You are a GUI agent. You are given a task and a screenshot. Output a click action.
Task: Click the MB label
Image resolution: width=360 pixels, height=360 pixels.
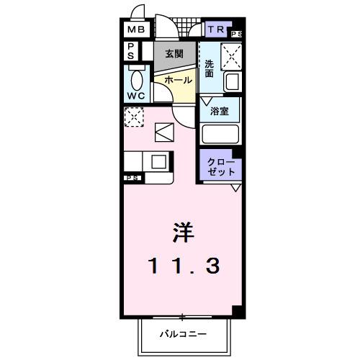pyautogui.click(x=136, y=30)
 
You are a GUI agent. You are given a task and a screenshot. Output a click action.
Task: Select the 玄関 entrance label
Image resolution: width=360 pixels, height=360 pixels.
pyautogui.click(x=174, y=53)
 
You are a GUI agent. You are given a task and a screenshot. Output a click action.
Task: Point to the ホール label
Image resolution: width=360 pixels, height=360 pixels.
pyautogui.click(x=179, y=80)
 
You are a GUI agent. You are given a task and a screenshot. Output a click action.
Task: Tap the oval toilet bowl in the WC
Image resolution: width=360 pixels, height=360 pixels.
pyautogui.click(x=137, y=78)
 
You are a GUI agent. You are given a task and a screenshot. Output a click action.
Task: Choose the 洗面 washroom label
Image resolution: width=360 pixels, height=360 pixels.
pyautogui.click(x=208, y=68)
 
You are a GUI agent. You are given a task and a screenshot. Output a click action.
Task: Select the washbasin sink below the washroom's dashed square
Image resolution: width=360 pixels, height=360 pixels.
pyautogui.click(x=231, y=81)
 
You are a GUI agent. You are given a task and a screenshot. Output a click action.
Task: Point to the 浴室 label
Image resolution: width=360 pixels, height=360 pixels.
pyautogui.click(x=220, y=112)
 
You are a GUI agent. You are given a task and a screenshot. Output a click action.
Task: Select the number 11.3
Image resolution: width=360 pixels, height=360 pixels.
pyautogui.click(x=182, y=265)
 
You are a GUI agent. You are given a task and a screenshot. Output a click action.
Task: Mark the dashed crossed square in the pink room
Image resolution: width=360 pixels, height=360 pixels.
pyautogui.click(x=133, y=117)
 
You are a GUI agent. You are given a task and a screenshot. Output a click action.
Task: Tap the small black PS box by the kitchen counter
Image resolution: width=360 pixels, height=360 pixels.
pyautogui.click(x=132, y=178)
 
